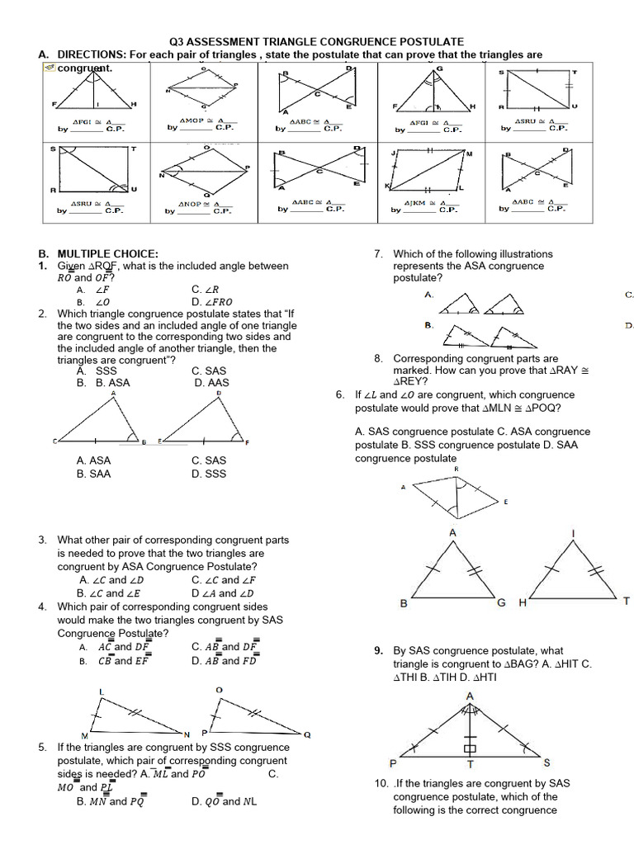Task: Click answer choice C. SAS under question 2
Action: coord(209,371)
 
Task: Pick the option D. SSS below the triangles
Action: coord(209,474)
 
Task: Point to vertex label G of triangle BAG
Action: coord(500,603)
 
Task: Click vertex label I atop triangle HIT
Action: coord(573,534)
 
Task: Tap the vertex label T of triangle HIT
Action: coord(627,602)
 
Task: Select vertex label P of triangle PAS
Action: coord(393,762)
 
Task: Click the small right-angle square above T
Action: coord(470,749)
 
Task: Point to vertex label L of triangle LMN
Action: coord(102,691)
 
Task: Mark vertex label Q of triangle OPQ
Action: coord(307,734)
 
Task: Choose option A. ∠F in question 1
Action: coord(95,290)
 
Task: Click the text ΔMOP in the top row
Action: coord(192,120)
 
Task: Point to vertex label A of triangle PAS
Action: coord(471,696)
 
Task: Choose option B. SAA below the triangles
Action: coord(93,474)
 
